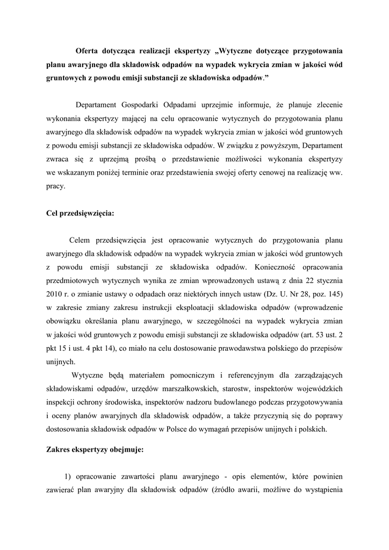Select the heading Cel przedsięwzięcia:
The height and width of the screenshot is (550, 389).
pyautogui.click(x=81, y=212)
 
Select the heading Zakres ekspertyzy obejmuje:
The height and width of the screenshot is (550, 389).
pyautogui.click(x=95, y=450)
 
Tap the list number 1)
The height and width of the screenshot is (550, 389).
pyautogui.click(x=67, y=476)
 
